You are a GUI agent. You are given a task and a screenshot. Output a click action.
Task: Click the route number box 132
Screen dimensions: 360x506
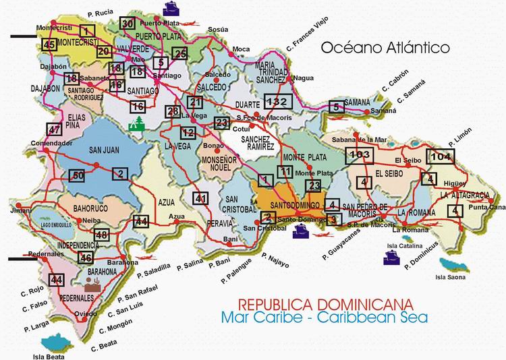[277, 102]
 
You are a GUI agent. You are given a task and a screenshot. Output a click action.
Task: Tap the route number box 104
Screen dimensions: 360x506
[440, 156]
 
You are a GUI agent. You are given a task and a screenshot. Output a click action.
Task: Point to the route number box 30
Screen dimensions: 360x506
[128, 24]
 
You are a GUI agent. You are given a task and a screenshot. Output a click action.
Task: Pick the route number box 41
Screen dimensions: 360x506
[200, 198]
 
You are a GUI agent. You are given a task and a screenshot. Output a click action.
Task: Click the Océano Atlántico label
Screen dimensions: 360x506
[385, 49]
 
